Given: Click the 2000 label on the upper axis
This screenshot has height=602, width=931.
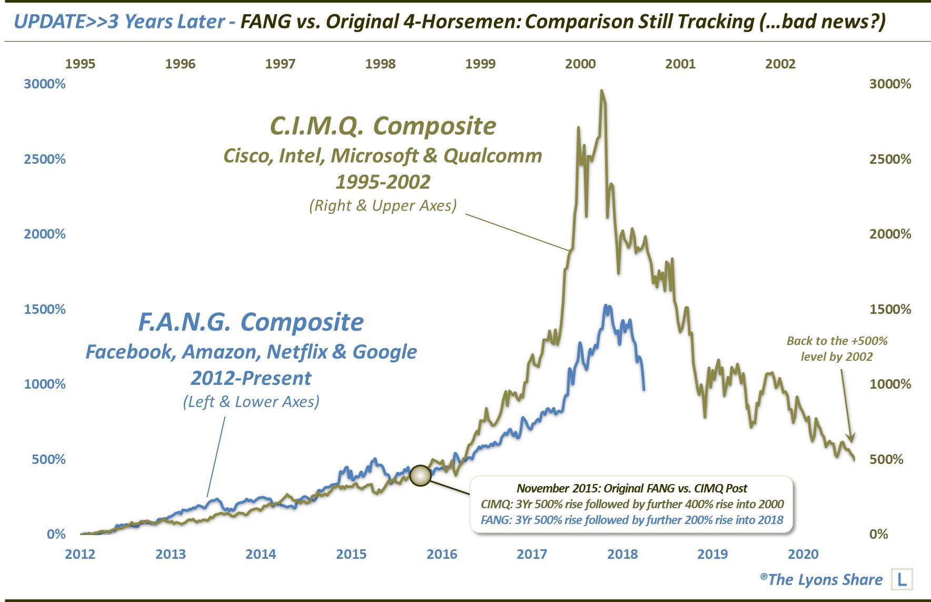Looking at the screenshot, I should pyautogui.click(x=580, y=64).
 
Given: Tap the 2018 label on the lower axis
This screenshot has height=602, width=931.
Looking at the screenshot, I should pyautogui.click(x=622, y=554).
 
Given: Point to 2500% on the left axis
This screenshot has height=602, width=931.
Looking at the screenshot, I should pyautogui.click(x=45, y=159).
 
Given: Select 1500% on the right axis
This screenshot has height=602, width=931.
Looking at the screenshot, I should pyautogui.click(x=890, y=309).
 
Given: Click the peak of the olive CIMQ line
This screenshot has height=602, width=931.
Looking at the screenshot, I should pyautogui.click(x=602, y=91).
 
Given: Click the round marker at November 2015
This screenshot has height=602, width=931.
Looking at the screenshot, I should pyautogui.click(x=420, y=475).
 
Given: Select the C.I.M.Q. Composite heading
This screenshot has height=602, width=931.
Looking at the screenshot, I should pyautogui.click(x=383, y=126).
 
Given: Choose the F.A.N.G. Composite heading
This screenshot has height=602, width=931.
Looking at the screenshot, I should pyautogui.click(x=251, y=322).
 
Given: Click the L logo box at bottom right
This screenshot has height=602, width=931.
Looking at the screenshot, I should pyautogui.click(x=902, y=579).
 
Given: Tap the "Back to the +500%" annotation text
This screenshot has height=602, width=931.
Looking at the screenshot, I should pyautogui.click(x=837, y=341).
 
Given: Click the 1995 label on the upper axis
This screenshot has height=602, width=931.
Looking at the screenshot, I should pyautogui.click(x=80, y=64).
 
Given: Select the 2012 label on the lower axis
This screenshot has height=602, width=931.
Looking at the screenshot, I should pyautogui.click(x=80, y=554).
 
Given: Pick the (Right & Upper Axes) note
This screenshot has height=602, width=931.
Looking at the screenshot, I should pyautogui.click(x=383, y=205).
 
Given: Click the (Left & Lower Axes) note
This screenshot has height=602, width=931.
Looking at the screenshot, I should pyautogui.click(x=251, y=402).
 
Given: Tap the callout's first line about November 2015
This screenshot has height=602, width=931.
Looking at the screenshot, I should pyautogui.click(x=632, y=488).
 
